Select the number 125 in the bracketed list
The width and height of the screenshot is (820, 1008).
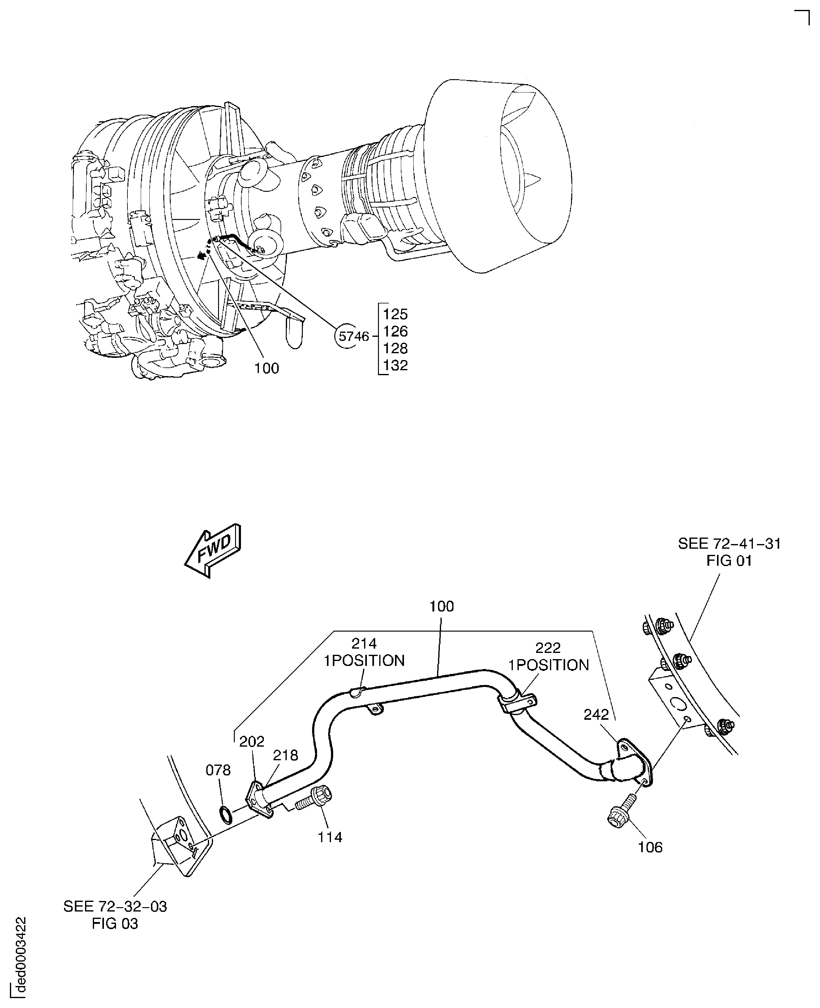tap(395, 314)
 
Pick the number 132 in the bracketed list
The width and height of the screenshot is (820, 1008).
tap(395, 365)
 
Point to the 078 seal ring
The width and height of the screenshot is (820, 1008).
tap(226, 815)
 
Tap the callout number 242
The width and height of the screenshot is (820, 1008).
tap(596, 715)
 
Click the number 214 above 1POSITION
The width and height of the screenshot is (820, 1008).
tap(364, 643)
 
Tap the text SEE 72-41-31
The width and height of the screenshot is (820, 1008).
tap(729, 544)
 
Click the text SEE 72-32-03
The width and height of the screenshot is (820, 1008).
tap(115, 907)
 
